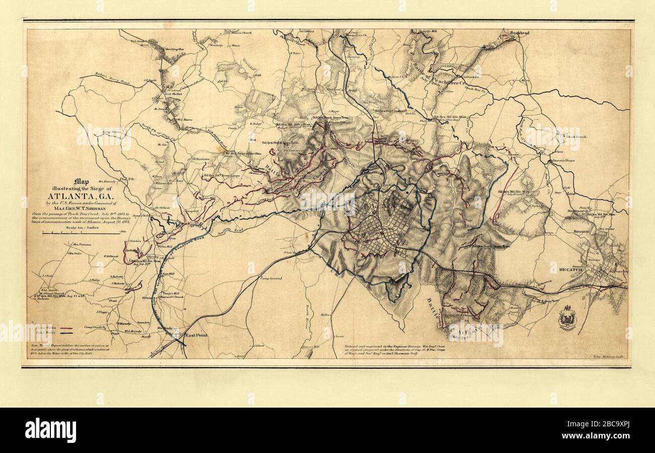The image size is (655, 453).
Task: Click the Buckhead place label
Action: pos(519,33)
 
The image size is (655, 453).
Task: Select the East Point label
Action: pos(196,335)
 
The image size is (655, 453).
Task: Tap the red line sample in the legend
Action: pos(67,328)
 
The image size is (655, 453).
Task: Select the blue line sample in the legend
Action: pos(67,333)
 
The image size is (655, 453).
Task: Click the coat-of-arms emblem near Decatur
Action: pos(567,318)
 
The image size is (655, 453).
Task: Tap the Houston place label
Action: pos(581,231)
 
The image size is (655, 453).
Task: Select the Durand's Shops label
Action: pos(563,161)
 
